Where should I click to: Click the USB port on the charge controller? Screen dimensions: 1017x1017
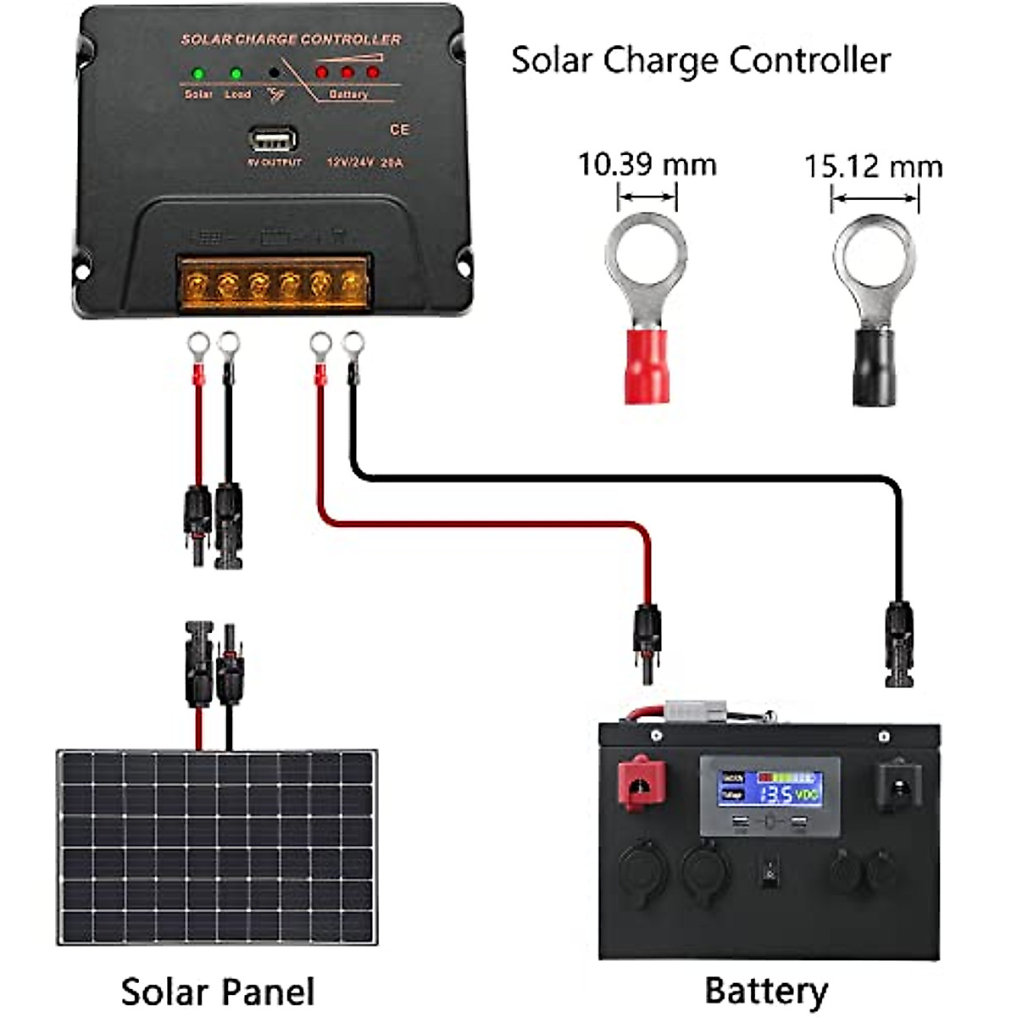[x=273, y=139]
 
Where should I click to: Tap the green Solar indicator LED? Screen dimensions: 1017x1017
[x=198, y=73]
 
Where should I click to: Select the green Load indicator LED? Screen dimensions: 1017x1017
[x=236, y=73]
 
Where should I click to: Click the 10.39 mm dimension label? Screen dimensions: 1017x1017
[x=647, y=164]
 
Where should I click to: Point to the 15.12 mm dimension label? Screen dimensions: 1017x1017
[x=873, y=166]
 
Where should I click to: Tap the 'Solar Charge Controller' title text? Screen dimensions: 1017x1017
[x=700, y=60]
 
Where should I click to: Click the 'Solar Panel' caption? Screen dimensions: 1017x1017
[x=217, y=991]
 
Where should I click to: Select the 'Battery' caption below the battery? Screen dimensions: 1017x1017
[x=765, y=989]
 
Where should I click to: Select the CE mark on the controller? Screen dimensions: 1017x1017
[x=399, y=130]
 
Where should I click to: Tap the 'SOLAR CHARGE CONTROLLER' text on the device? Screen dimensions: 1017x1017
[x=291, y=39]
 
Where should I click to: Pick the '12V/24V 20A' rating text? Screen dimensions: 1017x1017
[x=366, y=161]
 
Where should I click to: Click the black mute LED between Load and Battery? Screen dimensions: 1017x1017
[x=274, y=73]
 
